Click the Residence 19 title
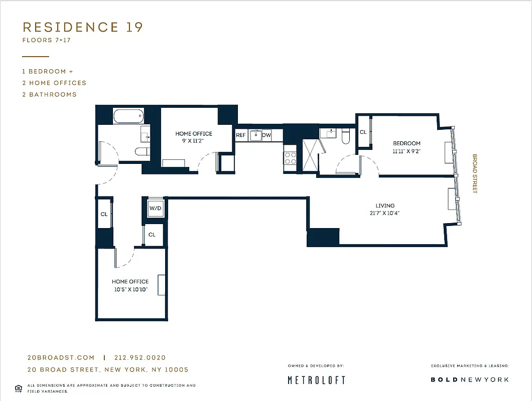pyautogui.click(x=83, y=27)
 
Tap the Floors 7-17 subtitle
pyautogui.click(x=46, y=40)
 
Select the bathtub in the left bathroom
pyautogui.click(x=128, y=116)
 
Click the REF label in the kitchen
pyautogui.click(x=241, y=135)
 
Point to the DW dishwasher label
pyautogui.click(x=267, y=135)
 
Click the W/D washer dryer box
pyautogui.click(x=155, y=208)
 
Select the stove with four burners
pyautogui.click(x=291, y=158)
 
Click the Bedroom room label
pyautogui.click(x=407, y=143)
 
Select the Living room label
pyautogui.click(x=385, y=206)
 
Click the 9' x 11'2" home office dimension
pyautogui.click(x=193, y=141)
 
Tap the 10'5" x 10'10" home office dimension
pyautogui.click(x=130, y=289)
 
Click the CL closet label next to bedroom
pyautogui.click(x=363, y=132)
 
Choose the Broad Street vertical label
pyautogui.click(x=474, y=173)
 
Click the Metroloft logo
pyautogui.click(x=316, y=380)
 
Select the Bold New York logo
pyautogui.click(x=469, y=379)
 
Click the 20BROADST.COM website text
pyautogui.click(x=61, y=358)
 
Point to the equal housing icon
pyautogui.click(x=19, y=387)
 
